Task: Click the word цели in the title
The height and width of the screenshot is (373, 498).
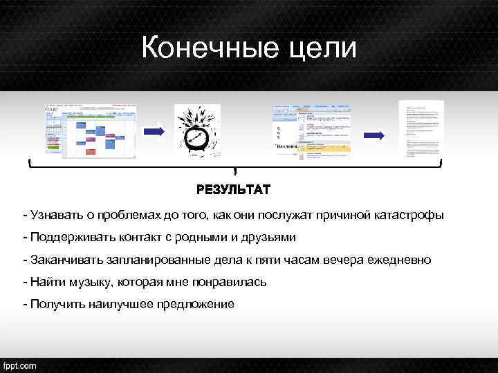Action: tap(324, 49)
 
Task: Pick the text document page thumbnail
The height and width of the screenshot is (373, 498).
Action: tap(421, 129)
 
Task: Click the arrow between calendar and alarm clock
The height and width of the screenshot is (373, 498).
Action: tap(153, 130)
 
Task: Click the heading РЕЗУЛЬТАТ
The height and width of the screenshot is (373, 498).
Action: tap(233, 189)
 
